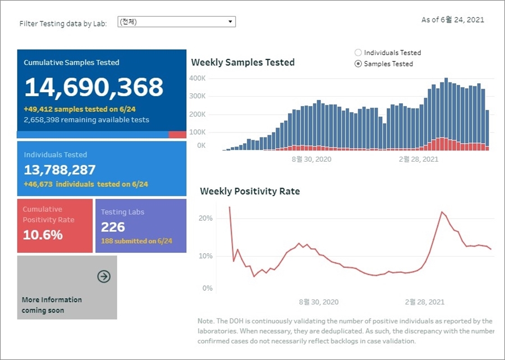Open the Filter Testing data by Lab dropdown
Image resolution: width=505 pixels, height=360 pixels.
point(176,22)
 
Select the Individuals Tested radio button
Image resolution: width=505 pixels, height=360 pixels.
point(359,53)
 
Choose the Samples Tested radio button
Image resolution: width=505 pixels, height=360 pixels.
point(359,64)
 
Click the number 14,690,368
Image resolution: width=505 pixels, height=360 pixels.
point(94,87)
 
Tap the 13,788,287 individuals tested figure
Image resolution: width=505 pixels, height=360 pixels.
point(60,170)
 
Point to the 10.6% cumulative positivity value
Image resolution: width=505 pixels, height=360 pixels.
point(43,235)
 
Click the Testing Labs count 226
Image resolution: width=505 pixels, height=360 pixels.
point(113,227)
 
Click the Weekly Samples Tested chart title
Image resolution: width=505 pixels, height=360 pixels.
point(243,62)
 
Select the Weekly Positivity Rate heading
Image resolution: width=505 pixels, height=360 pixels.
point(250,192)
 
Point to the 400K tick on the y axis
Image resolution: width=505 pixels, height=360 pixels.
point(198,78)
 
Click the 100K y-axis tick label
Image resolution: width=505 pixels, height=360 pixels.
point(198,133)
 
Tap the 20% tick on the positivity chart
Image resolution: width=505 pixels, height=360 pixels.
point(206,218)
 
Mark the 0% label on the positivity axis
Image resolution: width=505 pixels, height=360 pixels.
point(208,288)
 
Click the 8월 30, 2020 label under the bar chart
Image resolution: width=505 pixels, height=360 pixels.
point(311,160)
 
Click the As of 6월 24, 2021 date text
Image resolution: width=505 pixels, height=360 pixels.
point(452,20)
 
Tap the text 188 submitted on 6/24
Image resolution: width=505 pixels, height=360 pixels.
point(136,241)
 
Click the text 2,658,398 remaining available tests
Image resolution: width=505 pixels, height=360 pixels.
point(86,120)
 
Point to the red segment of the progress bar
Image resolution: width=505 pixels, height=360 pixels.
point(177,135)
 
